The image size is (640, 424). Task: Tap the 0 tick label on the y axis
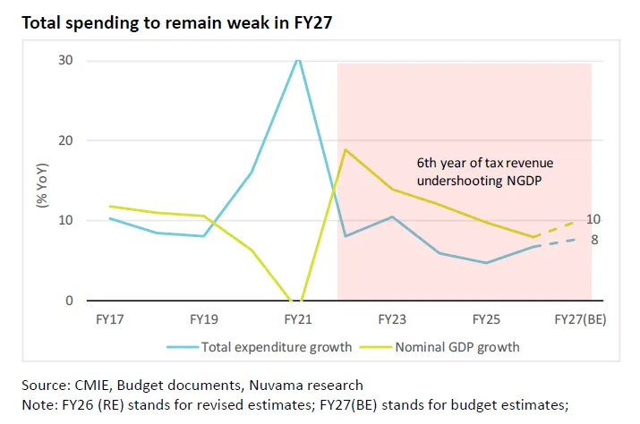pyautogui.click(x=70, y=301)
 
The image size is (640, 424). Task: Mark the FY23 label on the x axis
pyautogui.click(x=395, y=318)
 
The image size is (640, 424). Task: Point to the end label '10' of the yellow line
pyautogui.click(x=593, y=219)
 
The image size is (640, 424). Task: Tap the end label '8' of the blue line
pyautogui.click(x=594, y=240)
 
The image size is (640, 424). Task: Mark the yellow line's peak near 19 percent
pyautogui.click(x=346, y=149)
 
